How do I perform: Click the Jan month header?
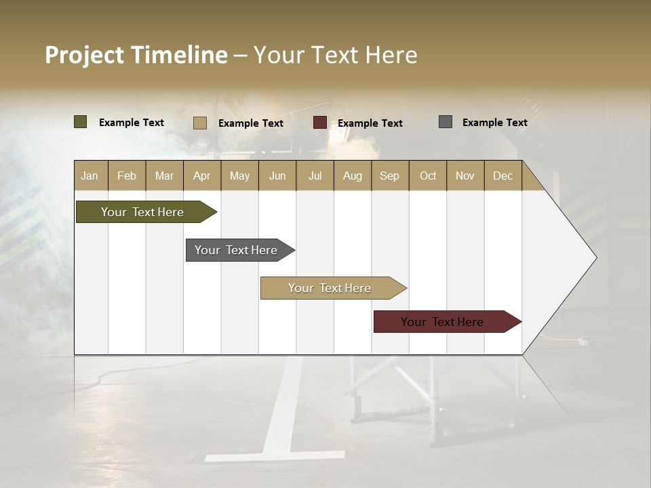click(x=90, y=176)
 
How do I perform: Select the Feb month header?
click(x=127, y=176)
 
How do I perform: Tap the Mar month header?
click(x=164, y=176)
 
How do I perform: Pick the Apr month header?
click(x=202, y=176)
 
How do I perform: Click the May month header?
click(x=239, y=176)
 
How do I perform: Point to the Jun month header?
click(x=277, y=176)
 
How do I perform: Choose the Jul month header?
click(x=315, y=176)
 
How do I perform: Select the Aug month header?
click(x=353, y=176)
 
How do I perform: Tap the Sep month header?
click(x=390, y=176)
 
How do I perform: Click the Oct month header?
click(x=428, y=176)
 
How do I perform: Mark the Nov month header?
click(x=465, y=176)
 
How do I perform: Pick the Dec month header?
click(x=503, y=176)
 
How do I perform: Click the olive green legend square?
click(x=81, y=122)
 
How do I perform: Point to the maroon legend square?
click(x=320, y=123)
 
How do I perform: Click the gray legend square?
click(x=446, y=122)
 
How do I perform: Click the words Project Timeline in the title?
click(x=136, y=55)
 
